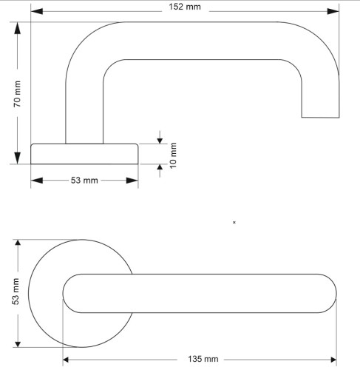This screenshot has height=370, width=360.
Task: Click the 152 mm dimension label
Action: [x=185, y=7]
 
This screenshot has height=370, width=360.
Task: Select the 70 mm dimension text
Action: [x=17, y=94]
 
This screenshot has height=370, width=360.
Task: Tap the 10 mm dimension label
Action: [x=174, y=155]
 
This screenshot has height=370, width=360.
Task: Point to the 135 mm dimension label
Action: [x=203, y=359]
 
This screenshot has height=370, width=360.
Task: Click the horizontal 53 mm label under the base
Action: [x=84, y=181]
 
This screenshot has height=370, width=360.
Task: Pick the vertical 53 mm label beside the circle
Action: [x=16, y=292]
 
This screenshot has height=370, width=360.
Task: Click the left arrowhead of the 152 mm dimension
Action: [x=37, y=11]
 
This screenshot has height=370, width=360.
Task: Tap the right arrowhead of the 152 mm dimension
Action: [x=333, y=11]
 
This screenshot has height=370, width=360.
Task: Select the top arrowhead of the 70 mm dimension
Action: [x=17, y=28]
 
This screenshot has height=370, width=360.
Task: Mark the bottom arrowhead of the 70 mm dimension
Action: [x=17, y=158]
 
